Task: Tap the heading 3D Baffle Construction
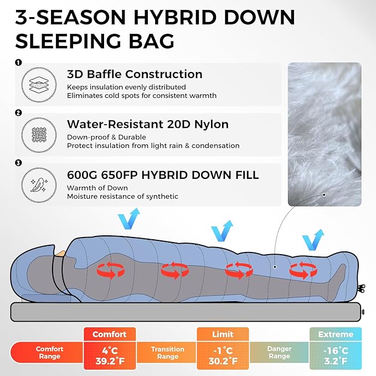click(x=135, y=74)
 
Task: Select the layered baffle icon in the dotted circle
click(x=39, y=85)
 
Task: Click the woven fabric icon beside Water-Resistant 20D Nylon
click(x=39, y=135)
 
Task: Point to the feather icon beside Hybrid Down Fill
click(x=39, y=185)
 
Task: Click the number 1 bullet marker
click(x=18, y=63)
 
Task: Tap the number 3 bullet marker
click(x=18, y=163)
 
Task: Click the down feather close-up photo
click(x=325, y=134)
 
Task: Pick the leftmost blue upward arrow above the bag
click(x=129, y=219)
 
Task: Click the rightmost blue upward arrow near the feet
click(x=313, y=240)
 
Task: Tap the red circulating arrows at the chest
click(x=111, y=270)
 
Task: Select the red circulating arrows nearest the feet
click(x=303, y=270)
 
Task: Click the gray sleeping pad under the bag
click(x=186, y=312)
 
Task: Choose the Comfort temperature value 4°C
click(x=110, y=351)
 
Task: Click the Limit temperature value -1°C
click(x=223, y=351)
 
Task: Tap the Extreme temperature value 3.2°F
click(x=336, y=360)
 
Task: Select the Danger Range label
click(x=279, y=352)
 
